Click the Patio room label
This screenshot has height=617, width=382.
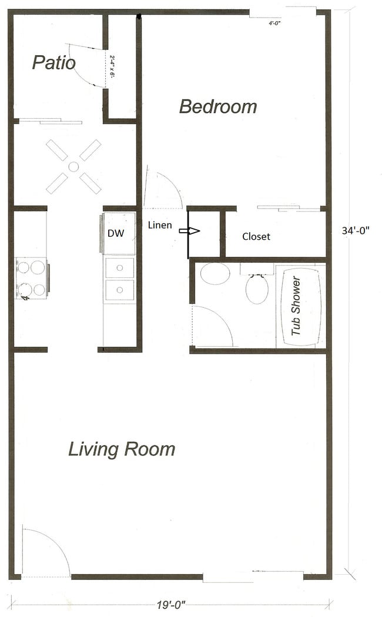coord(53,62)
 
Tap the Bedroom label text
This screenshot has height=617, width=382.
coord(218,106)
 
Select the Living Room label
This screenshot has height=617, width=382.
coord(122,449)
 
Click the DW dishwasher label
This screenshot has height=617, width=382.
coord(115,233)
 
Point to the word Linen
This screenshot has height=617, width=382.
coord(160,225)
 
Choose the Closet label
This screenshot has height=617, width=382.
coord(256,236)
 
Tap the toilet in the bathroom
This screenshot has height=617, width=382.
coord(257,288)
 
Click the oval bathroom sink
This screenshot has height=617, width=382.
coord(215,274)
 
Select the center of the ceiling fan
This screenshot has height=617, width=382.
coord(73,167)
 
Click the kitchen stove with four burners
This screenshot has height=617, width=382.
coord(31,278)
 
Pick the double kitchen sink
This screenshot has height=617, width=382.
coord(119,278)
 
